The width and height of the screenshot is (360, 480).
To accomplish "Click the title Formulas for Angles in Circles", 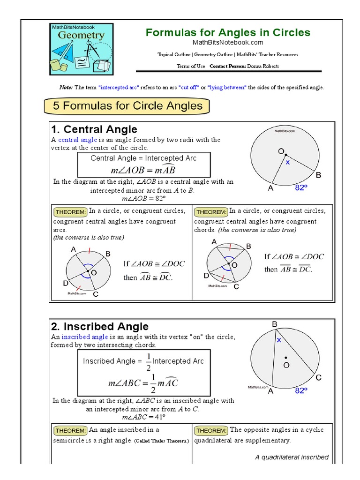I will coord(228,32).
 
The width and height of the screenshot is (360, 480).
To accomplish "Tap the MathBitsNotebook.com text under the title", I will coord(228,43).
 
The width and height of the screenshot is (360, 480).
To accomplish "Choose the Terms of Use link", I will coord(190,66).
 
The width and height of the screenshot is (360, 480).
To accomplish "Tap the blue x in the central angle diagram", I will coord(288,162).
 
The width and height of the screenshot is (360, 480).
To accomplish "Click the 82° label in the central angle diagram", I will coord(301,187).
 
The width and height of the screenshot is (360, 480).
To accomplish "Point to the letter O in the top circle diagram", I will coord(281,151).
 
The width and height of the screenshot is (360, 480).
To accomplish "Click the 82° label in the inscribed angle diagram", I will coord(301,390).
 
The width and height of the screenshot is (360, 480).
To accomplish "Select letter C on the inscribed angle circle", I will coord(318,378).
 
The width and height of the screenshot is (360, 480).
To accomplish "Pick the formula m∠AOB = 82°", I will coord(144,198).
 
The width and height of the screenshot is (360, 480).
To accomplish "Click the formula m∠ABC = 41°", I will coord(144,417).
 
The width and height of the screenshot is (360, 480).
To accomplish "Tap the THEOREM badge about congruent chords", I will coord(211,212).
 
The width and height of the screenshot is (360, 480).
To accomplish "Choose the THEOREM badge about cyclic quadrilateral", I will coord(211,430).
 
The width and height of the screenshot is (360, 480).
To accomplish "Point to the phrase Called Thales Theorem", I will coord(161,441).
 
